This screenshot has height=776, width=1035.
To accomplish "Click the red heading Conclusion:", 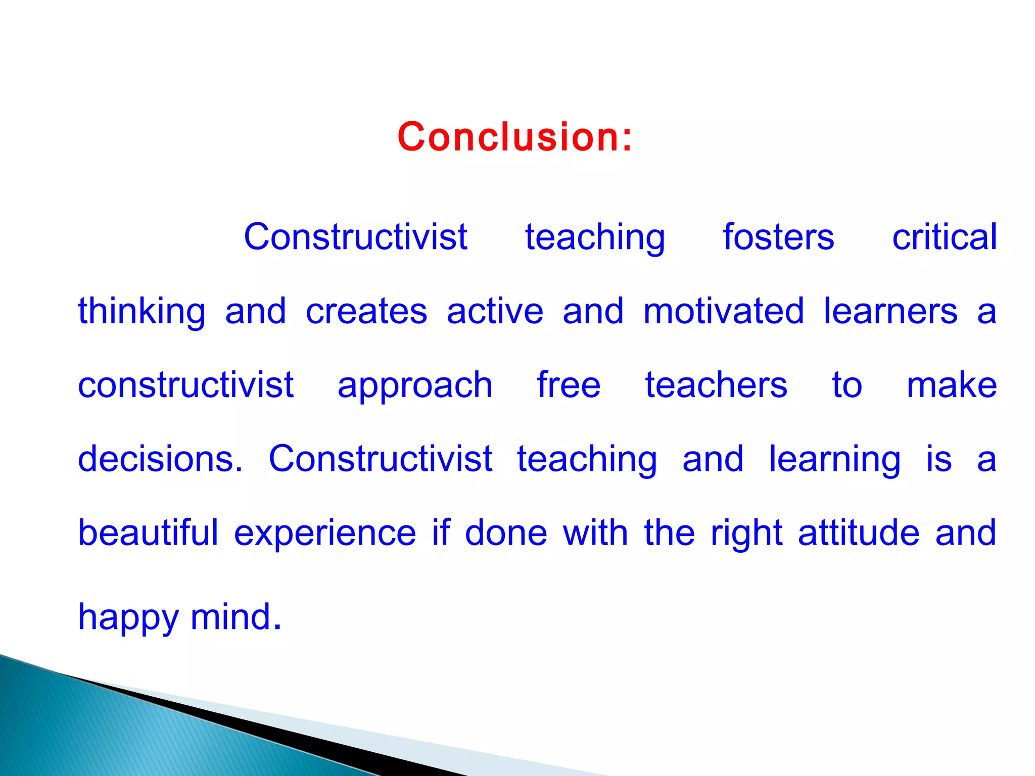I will (x=514, y=137).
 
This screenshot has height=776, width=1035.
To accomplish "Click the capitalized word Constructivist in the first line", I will (x=355, y=237).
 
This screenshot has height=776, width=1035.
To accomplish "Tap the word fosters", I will (x=778, y=237).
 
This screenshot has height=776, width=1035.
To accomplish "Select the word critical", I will (x=944, y=237).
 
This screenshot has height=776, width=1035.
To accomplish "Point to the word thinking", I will (x=142, y=312).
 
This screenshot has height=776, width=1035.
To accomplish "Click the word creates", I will (x=366, y=312).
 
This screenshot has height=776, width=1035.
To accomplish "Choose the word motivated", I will (x=723, y=312).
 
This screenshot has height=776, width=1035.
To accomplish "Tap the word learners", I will (x=890, y=312).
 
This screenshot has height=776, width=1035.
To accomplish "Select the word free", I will (x=569, y=385).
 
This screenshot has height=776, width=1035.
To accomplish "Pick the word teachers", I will (x=716, y=385).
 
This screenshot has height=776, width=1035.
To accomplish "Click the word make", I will (x=952, y=385).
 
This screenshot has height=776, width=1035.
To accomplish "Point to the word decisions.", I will (x=160, y=459).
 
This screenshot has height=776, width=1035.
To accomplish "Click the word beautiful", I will (x=148, y=533).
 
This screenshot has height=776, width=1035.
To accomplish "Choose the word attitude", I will (x=858, y=533).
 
